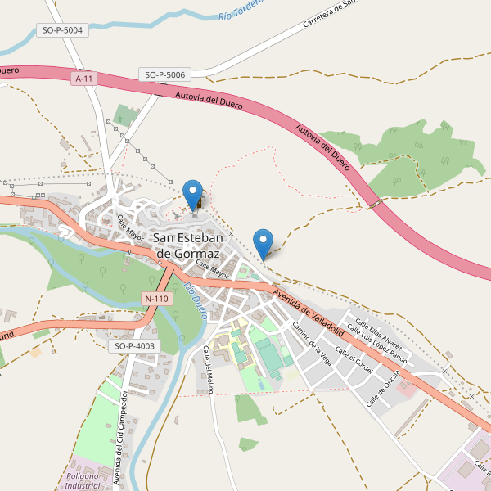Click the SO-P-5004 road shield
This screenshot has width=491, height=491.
click(x=62, y=30)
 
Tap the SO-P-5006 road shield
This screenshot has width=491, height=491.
click(x=165, y=74)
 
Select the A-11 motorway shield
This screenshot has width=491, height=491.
click(x=83, y=79)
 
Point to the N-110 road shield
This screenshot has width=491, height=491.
click(x=155, y=299)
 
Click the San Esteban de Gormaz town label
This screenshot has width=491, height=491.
click(x=196, y=245)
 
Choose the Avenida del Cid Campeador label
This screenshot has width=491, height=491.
click(x=120, y=437)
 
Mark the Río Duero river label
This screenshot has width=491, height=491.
click(x=195, y=301)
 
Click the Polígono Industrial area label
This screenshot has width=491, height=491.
click(x=83, y=480)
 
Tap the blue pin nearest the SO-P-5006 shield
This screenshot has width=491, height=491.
click(x=193, y=195)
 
